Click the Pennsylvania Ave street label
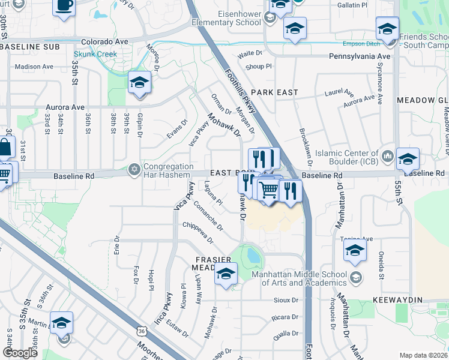(x=360, y=56)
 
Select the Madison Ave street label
(x=34, y=67)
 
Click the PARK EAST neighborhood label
(x=274, y=92)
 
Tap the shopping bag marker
(x=5, y=147)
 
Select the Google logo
(x=20, y=353)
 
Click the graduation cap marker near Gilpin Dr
(x=139, y=82)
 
